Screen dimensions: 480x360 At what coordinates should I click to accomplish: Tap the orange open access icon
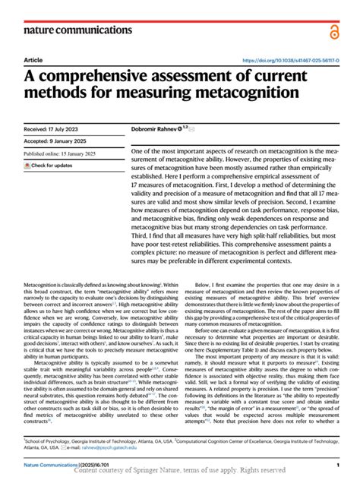click(334, 31)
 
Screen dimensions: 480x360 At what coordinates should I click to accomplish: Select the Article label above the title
click(33, 61)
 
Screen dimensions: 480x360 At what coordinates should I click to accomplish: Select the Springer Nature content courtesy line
click(190, 472)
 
